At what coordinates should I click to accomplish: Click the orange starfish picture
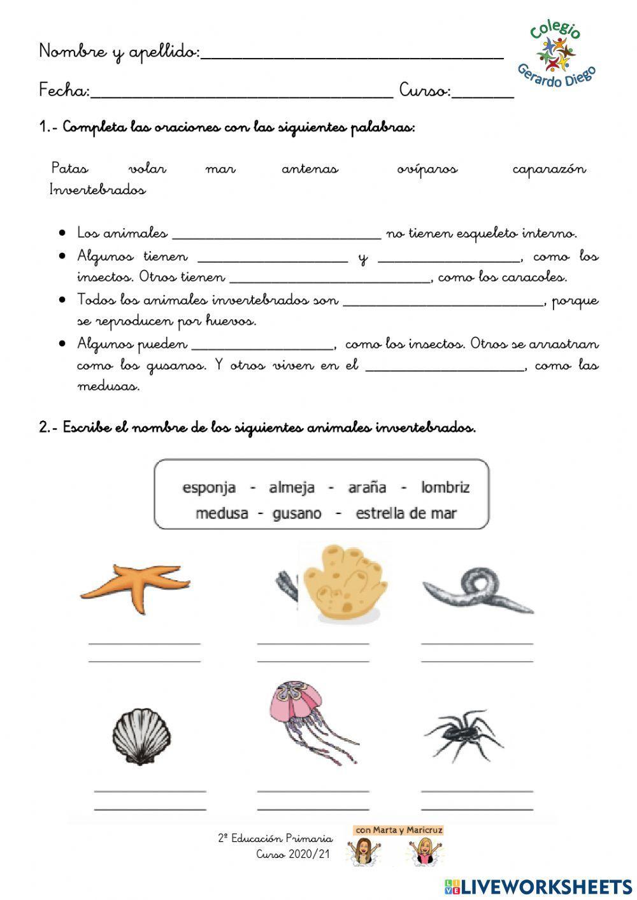coord(136,587)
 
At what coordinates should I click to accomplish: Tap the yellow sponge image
coord(343,583)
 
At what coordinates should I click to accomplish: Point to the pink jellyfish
coord(310,720)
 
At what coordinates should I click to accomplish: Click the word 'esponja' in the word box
coord(209,488)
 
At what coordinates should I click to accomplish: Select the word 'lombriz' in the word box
coord(445,488)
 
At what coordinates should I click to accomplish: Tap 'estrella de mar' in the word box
coord(406,513)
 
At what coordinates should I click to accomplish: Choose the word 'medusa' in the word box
coord(222,513)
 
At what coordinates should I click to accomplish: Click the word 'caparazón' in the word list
coord(549,169)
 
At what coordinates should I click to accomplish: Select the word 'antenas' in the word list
coord(310,169)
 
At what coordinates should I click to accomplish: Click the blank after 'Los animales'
coord(276,238)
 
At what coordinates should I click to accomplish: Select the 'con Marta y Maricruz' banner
coord(399,830)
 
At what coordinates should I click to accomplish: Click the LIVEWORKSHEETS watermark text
coord(547,886)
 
